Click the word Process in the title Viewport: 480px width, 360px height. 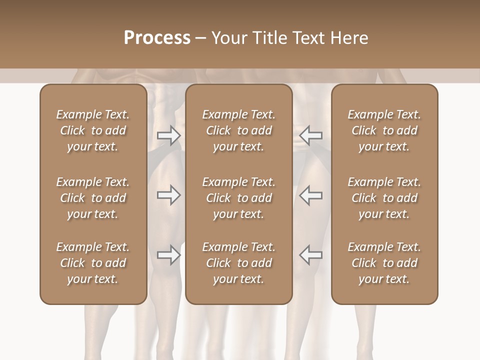click(x=157, y=38)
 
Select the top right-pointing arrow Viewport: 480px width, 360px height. click(x=168, y=135)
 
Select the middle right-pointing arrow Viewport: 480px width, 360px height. click(x=168, y=195)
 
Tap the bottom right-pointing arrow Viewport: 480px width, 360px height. click(x=168, y=255)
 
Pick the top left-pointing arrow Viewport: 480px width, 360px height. click(x=310, y=135)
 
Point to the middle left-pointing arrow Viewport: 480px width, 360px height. click(x=310, y=195)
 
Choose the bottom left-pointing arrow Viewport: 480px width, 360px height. click(x=310, y=255)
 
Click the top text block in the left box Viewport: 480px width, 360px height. click(x=93, y=130)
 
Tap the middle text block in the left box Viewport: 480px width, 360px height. click(x=93, y=198)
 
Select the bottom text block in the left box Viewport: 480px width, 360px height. click(x=93, y=263)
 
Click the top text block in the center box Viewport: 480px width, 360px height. click(x=238, y=130)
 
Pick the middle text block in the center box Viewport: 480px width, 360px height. click(x=238, y=198)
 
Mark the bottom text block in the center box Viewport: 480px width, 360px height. click(x=238, y=263)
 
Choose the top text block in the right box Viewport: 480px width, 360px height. click(x=384, y=130)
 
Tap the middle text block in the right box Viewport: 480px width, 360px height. click(x=384, y=198)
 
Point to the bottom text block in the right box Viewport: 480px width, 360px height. click(x=384, y=263)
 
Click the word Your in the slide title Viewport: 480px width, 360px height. click(x=230, y=38)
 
